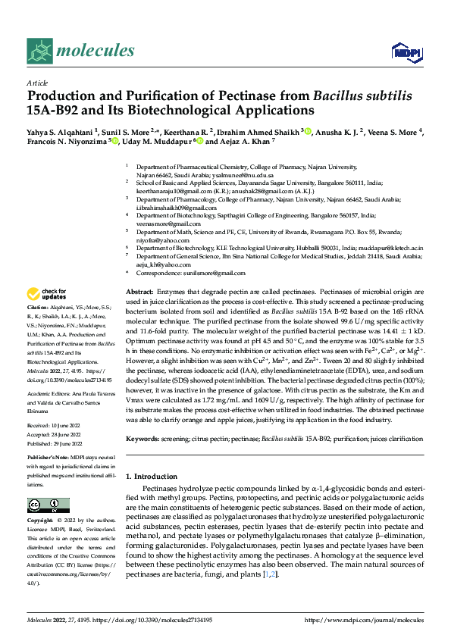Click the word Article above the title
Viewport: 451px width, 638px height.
coord(36,82)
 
